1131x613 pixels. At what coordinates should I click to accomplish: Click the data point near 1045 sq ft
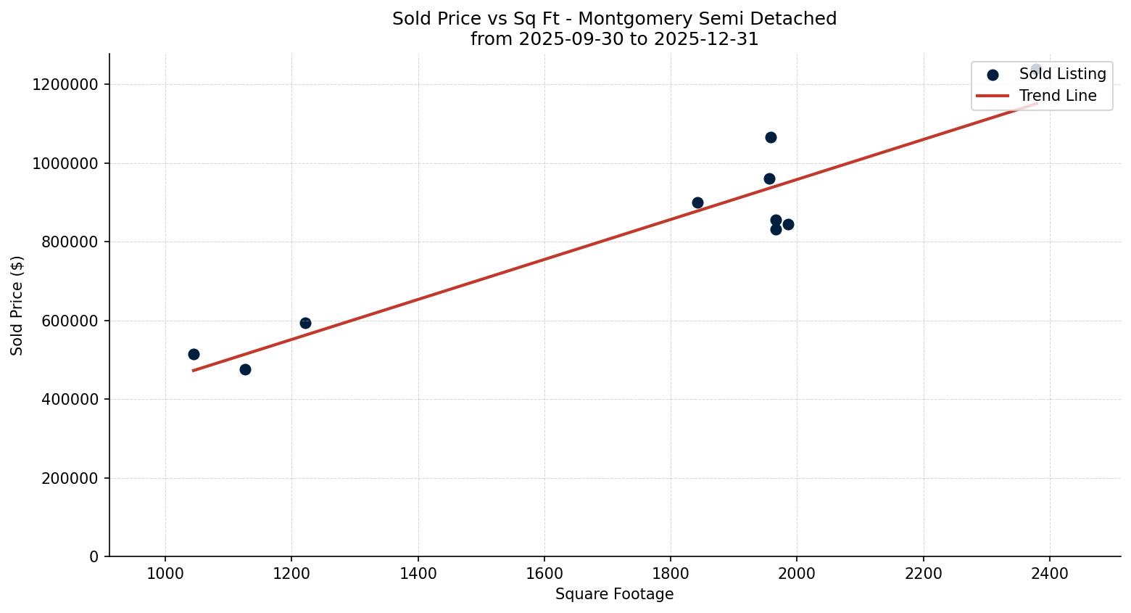194,354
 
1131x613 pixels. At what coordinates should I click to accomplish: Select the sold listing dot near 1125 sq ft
245,369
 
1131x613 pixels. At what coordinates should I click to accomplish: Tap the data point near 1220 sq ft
305,323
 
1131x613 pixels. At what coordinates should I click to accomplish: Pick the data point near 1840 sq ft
697,202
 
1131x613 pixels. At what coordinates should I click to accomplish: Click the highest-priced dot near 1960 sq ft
771,137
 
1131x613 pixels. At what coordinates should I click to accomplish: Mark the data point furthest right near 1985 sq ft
788,224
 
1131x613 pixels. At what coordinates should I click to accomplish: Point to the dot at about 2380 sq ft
1036,70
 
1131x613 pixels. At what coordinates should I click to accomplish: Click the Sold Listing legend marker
993,75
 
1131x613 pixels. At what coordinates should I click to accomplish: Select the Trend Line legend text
1058,96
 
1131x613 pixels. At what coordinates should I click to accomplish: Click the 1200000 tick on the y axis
65,85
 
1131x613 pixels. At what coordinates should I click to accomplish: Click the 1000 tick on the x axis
165,573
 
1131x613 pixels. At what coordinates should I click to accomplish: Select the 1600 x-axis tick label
544,573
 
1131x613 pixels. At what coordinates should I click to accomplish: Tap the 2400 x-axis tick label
1050,573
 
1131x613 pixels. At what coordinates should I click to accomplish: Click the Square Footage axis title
614,595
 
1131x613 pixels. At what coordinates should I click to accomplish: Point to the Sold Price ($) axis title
17,305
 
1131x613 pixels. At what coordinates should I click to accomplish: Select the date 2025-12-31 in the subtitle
706,39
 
